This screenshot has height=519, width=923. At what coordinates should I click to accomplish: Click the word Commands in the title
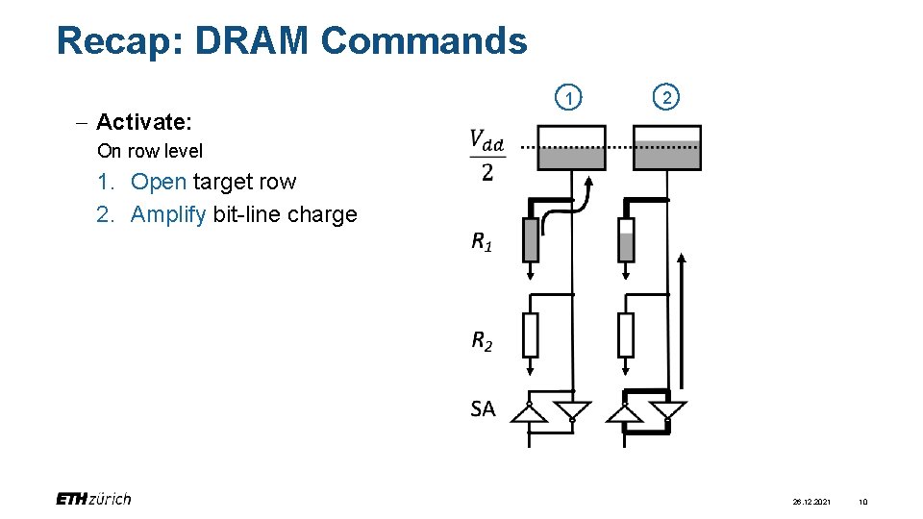423,41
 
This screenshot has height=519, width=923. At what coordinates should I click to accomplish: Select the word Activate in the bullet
144,122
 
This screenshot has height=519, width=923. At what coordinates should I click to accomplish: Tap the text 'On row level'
150,151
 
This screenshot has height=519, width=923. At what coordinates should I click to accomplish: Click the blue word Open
159,182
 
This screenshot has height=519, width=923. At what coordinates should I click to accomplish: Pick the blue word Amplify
168,214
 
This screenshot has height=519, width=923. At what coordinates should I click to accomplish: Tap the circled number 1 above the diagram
571,98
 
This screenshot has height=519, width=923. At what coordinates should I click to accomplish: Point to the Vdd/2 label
487,155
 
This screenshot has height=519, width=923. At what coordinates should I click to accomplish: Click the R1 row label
482,241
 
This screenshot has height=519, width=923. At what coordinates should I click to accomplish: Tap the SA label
483,408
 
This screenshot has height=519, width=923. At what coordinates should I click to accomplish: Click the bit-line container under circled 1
571,148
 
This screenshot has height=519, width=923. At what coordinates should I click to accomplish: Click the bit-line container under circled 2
666,148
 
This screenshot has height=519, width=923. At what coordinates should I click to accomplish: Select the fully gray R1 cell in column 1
530,239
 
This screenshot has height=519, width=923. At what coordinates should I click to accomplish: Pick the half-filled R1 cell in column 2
626,239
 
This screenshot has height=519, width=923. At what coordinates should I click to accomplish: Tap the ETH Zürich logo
93,498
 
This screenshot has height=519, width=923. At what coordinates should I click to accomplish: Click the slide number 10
862,502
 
